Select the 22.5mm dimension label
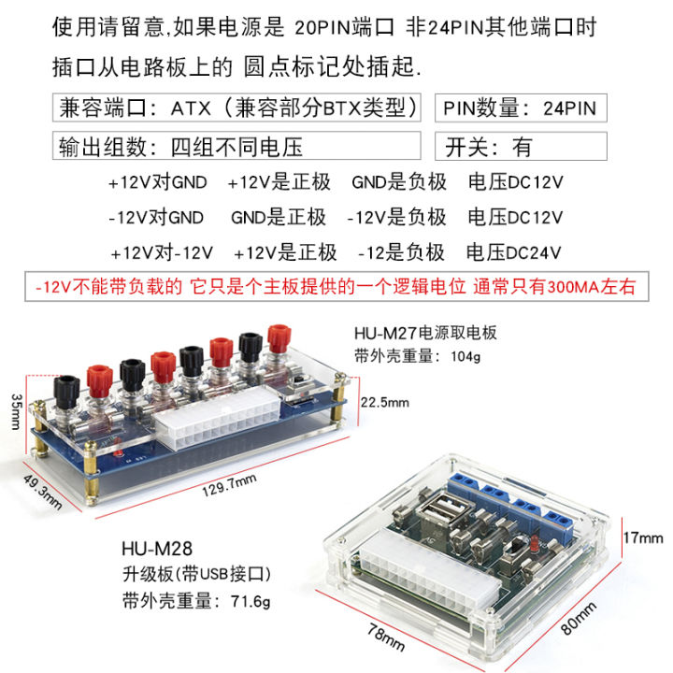[x=385, y=403]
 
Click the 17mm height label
[x=645, y=537]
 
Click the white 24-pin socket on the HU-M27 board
[x=217, y=430]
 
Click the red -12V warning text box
[x=336, y=287]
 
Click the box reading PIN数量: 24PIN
[x=521, y=107]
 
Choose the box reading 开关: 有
[x=521, y=147]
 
